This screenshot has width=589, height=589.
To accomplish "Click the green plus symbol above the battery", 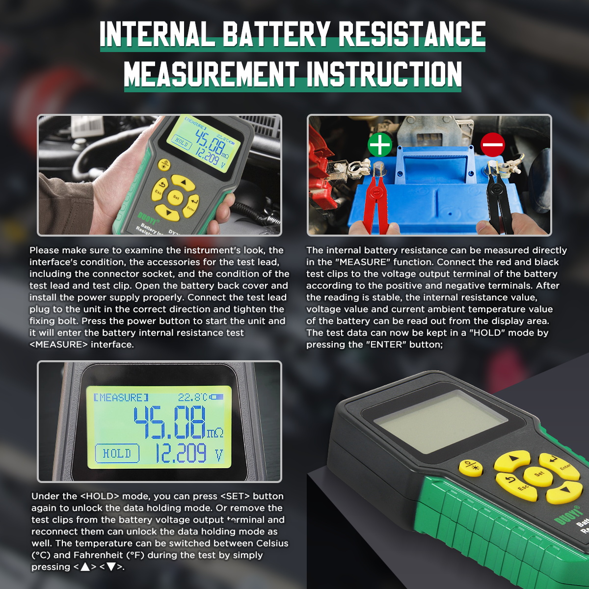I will (x=380, y=144).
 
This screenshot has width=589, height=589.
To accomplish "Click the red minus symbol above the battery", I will (x=492, y=144).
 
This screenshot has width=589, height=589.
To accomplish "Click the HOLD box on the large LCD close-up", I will (x=117, y=454).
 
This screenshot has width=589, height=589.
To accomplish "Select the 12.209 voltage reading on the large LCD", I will (x=181, y=454).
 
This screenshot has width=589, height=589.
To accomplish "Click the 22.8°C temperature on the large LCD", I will (x=192, y=397).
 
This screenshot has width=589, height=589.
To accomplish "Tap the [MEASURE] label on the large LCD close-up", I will (x=121, y=398).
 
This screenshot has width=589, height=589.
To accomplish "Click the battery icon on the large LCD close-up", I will (x=216, y=397).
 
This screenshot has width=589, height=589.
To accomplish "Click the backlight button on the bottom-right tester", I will (x=471, y=467).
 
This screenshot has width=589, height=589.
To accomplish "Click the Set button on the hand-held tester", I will (x=176, y=197).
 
